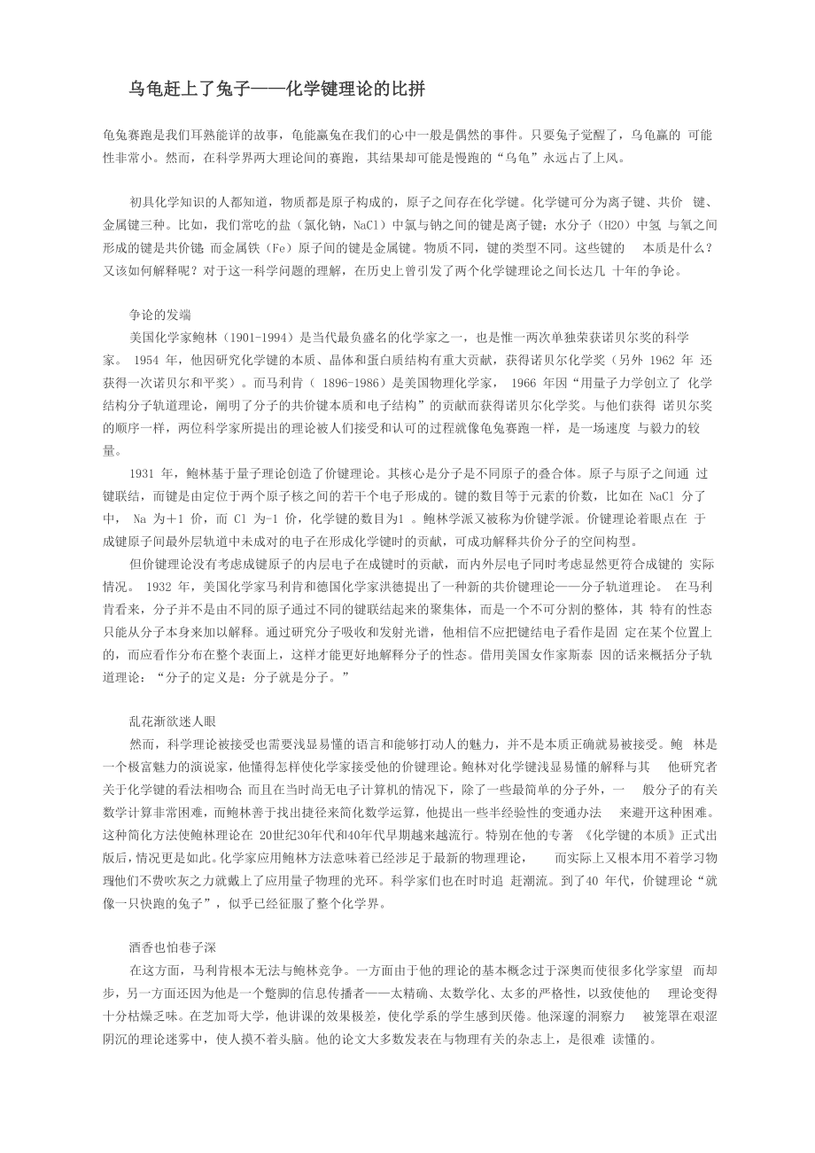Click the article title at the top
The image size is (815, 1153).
coord(277,89)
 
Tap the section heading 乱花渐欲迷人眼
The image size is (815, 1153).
coord(173,721)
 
